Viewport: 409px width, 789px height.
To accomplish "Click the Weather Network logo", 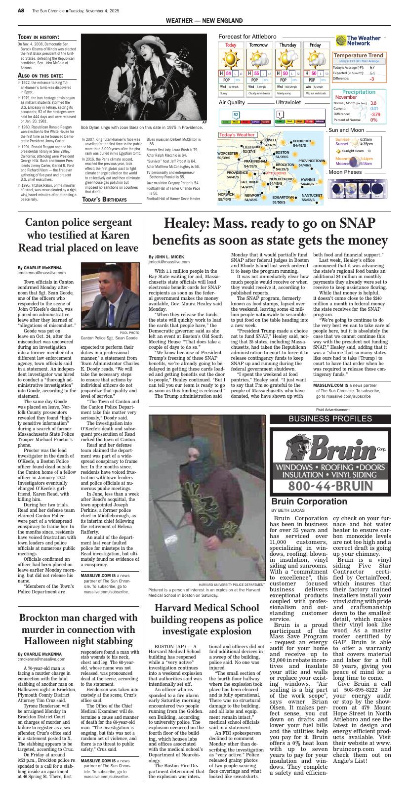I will click(x=363, y=40).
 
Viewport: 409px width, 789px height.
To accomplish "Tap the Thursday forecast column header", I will click(x=288, y=45).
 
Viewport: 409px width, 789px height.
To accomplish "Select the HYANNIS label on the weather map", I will click(x=308, y=180).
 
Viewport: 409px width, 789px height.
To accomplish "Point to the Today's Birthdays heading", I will click(x=104, y=200).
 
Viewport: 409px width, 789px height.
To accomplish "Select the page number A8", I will click(x=21, y=10).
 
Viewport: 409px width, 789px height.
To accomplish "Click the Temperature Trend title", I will click(x=359, y=56).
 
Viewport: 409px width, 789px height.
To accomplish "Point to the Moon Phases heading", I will click(x=345, y=172).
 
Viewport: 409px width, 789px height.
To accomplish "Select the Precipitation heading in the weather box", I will click(x=359, y=92).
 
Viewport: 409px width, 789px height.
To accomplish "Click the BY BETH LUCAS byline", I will click(x=288, y=510).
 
